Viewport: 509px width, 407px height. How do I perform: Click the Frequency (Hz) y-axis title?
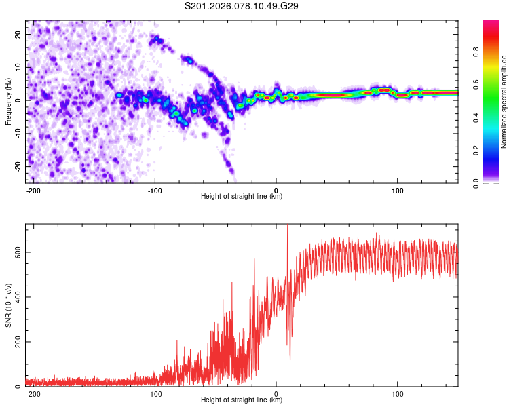8,101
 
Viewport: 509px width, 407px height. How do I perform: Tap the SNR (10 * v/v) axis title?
8,305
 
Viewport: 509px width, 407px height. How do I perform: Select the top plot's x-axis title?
242,197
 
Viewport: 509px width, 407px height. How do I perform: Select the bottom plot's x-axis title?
242,400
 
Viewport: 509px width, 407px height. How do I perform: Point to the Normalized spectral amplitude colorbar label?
504,101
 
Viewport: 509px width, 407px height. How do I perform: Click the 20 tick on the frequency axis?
17,34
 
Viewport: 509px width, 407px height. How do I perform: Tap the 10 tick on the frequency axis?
17,67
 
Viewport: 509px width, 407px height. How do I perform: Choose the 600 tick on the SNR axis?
15,252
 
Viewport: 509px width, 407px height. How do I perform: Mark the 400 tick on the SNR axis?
15,297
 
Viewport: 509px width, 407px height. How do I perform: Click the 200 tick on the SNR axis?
15,342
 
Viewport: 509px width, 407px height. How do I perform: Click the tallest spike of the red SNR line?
287,225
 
